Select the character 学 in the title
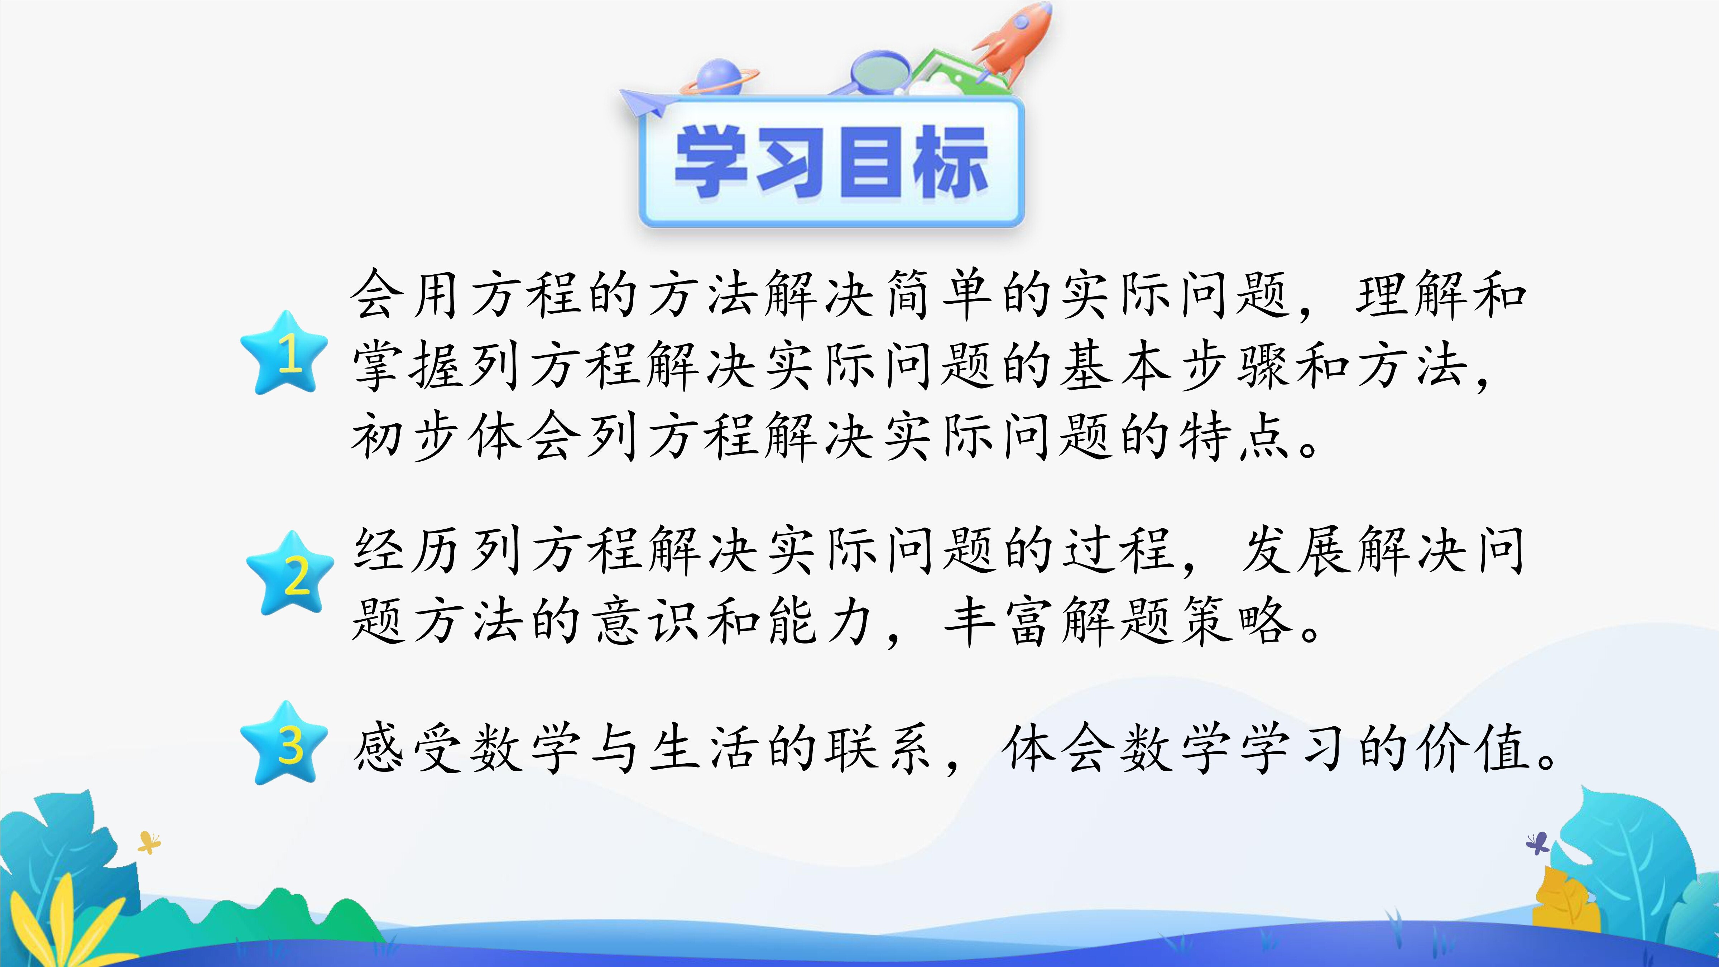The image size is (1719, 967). click(x=711, y=162)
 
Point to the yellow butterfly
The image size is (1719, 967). click(x=149, y=842)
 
